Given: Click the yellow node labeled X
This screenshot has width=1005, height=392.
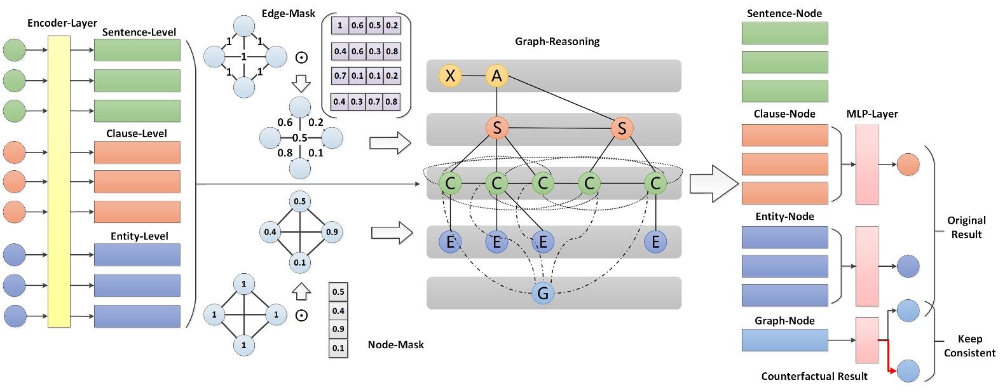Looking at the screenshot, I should pos(450,76).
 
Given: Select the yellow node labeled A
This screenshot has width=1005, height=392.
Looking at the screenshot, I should pos(496,76).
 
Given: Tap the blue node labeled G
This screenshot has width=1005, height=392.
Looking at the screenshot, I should pos(542,293).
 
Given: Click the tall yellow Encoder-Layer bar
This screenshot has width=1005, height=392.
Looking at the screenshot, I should pos(59,181).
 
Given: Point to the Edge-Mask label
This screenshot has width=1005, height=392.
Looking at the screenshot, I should pos(288,13).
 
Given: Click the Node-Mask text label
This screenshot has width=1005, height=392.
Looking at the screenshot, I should pos(395,344).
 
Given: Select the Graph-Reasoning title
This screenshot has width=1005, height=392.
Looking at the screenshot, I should pos(557,41).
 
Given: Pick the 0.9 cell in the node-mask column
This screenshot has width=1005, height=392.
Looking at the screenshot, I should pos(338,329).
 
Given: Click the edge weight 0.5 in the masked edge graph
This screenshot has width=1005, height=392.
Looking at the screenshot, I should pos(299,138).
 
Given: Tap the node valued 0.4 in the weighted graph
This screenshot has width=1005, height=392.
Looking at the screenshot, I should pos(270,232).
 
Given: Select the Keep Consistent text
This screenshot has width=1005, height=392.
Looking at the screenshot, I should pos(969,346).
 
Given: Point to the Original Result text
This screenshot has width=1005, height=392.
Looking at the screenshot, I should pos(966,227).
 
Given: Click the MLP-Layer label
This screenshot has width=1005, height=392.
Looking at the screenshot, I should pos(872,114).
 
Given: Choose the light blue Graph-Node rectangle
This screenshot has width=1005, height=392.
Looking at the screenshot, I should pos(784,340).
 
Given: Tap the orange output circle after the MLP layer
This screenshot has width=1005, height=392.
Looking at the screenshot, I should pos(908,164).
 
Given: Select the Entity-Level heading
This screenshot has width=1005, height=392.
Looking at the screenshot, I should pos(139,236).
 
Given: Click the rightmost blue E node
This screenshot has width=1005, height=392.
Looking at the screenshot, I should pos(655,241).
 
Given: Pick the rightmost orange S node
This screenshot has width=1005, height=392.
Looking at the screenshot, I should pos(622,128).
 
